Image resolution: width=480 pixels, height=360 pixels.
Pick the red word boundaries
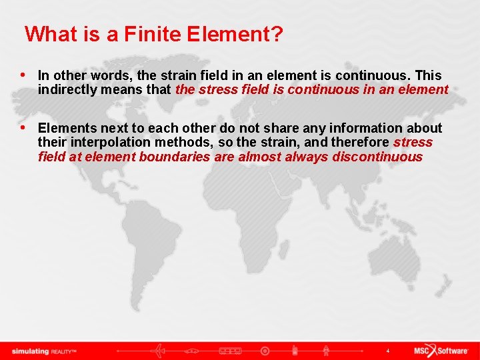[x=173, y=157]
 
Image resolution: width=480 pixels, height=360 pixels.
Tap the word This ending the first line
[x=428, y=75]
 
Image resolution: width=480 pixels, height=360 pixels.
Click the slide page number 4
[x=388, y=351]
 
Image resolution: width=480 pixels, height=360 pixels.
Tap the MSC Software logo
[x=439, y=351]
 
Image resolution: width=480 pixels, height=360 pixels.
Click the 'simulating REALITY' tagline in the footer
[x=44, y=351]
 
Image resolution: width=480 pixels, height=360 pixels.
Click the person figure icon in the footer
[x=327, y=351]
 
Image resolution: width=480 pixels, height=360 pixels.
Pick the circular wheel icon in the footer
[x=265, y=351]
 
